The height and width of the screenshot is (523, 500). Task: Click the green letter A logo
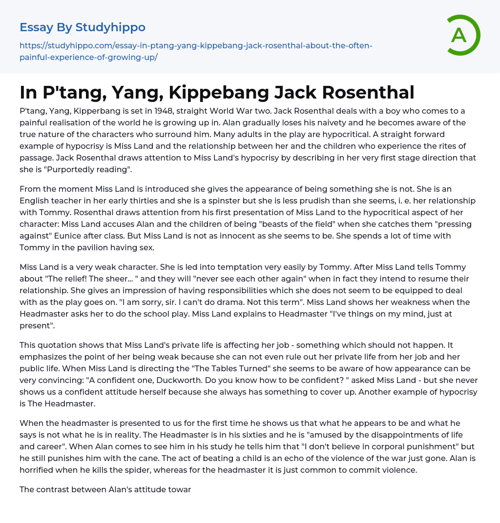point(460,35)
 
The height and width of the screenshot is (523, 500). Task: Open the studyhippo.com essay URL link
point(195,51)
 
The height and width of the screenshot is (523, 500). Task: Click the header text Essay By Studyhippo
point(83,27)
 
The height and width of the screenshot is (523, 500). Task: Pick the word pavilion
point(111,248)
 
